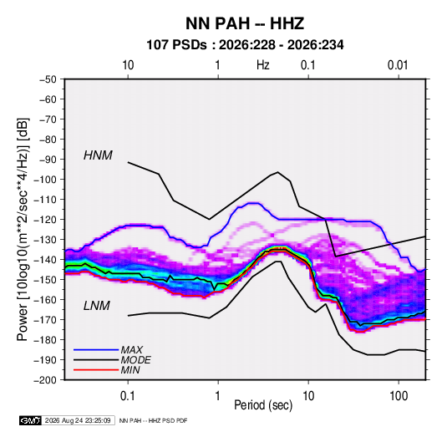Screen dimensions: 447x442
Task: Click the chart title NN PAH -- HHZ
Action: tap(245, 23)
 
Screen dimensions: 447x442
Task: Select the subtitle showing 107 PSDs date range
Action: tap(245, 45)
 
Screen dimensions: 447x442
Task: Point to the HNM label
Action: tap(98, 155)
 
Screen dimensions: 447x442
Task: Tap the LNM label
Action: tap(97, 306)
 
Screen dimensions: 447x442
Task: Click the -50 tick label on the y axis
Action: tap(48, 79)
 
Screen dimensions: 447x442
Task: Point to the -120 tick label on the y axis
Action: tap(45, 220)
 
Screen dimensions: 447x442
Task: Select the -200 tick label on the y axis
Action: tap(45, 380)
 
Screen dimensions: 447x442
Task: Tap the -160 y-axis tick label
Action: tap(45, 300)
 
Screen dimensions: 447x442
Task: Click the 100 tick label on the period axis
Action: tap(399, 396)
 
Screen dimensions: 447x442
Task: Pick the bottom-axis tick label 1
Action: tap(218, 396)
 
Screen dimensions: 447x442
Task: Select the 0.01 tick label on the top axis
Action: tap(398, 65)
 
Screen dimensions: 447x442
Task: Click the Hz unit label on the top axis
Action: tap(263, 65)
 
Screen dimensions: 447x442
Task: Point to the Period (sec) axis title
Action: tap(263, 405)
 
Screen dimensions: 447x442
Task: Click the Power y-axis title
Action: tap(23, 229)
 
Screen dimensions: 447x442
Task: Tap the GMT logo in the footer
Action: tap(30, 420)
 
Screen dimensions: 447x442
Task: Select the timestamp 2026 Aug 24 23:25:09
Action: tap(78, 420)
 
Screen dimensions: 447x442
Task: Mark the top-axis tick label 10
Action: tap(128, 65)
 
